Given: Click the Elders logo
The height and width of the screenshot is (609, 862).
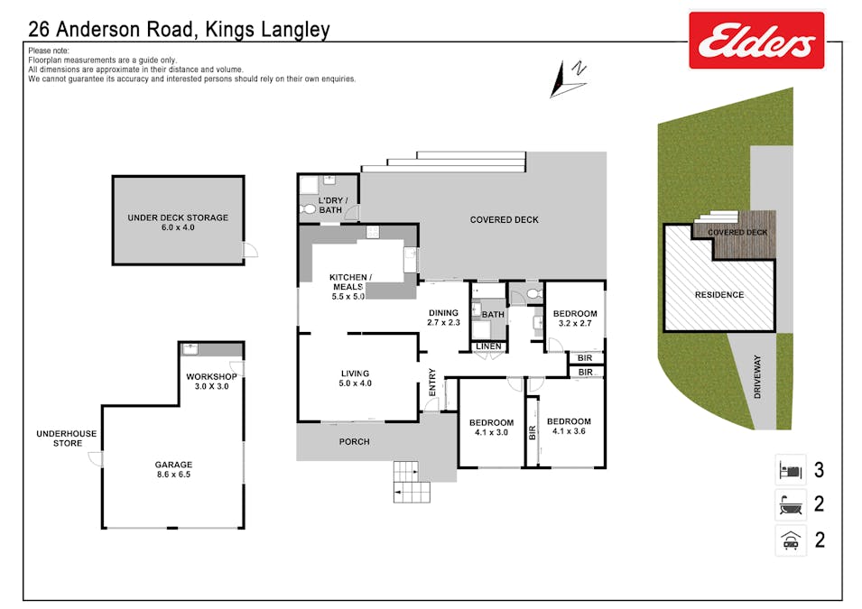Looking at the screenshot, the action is [756, 40].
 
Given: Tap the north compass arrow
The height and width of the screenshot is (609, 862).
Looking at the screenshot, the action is [568, 79].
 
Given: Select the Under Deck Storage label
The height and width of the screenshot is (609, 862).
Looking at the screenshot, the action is [178, 217].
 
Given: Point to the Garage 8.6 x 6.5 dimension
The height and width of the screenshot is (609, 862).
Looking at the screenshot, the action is [173, 475].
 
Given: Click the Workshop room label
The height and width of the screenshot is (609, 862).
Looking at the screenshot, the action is [211, 376].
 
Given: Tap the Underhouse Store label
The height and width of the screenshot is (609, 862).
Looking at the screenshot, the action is [67, 438].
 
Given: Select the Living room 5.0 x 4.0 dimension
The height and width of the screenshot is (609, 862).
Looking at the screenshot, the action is [355, 383].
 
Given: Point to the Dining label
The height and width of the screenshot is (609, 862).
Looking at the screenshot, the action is [444, 313].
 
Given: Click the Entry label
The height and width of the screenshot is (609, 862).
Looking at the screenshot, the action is [432, 382].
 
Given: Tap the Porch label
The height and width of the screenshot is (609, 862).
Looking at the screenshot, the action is [355, 441].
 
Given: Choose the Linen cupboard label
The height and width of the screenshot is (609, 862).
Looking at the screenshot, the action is [488, 346].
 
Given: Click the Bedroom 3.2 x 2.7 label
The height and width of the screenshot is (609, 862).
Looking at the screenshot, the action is [575, 318].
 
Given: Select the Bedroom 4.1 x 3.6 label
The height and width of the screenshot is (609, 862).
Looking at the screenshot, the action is [569, 426].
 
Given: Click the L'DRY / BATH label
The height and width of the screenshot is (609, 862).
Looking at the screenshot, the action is [332, 205].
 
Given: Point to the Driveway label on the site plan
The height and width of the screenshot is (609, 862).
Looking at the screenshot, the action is [757, 377].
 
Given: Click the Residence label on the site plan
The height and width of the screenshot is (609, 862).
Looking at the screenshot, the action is [719, 295].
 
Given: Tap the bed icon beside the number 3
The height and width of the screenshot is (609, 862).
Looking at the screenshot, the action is [791, 470].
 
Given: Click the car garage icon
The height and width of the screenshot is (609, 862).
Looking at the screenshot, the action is [791, 540].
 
